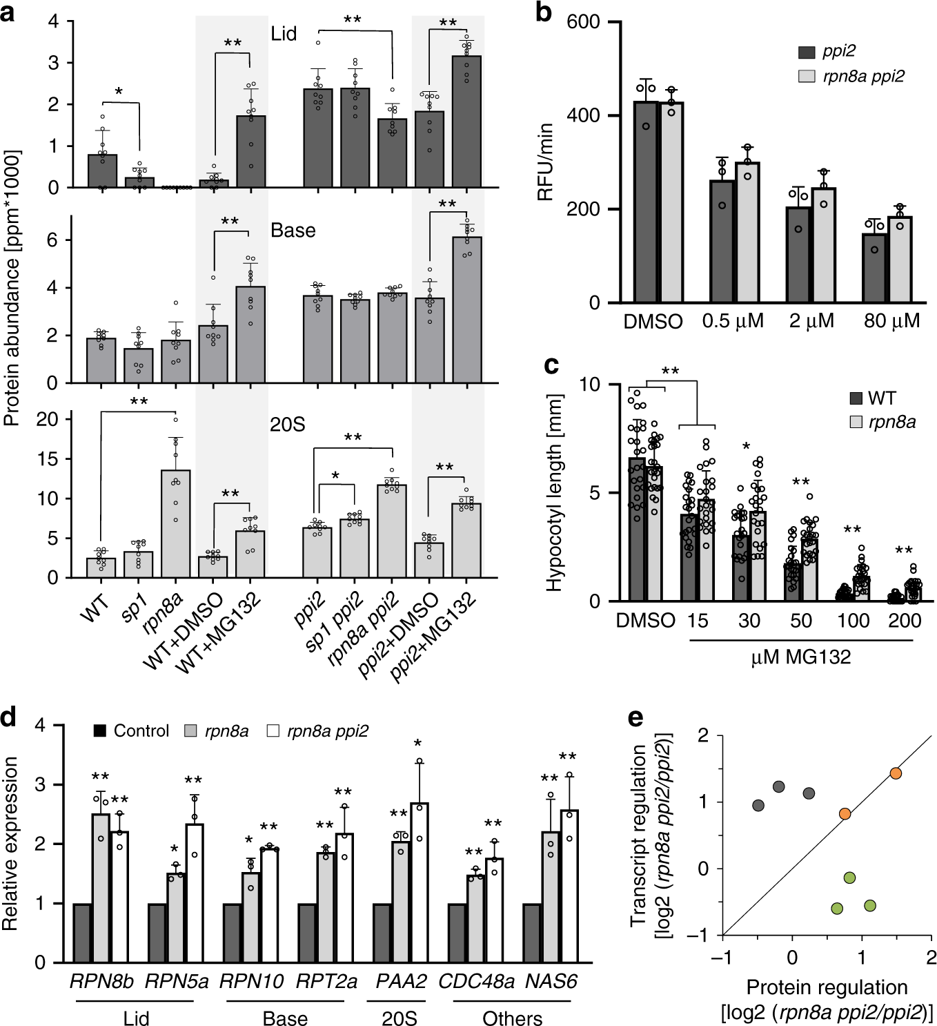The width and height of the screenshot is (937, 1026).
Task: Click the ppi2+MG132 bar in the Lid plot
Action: pos(466,122)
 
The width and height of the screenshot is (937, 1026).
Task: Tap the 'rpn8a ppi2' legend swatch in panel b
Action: pos(807,76)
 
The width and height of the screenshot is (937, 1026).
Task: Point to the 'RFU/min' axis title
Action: pos(545,162)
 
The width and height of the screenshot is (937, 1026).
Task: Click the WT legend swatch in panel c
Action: pos(856,398)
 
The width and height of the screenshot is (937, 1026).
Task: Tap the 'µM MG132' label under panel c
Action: pos(800,657)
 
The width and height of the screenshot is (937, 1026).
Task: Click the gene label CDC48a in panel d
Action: pos(476,981)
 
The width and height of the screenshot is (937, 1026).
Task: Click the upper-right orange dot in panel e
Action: pos(896,773)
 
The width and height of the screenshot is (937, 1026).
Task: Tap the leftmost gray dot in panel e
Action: pos(758,805)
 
